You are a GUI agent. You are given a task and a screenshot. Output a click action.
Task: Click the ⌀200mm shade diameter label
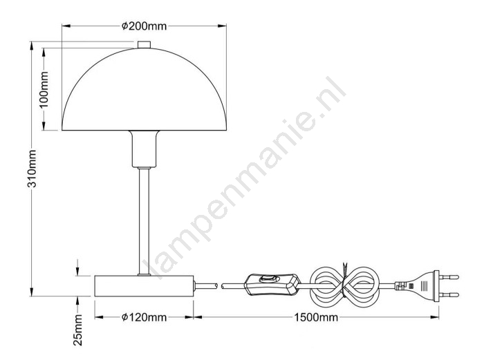(x=144, y=26)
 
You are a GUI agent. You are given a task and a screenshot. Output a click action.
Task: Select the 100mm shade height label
(x=44, y=90)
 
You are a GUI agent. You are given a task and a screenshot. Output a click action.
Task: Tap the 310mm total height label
(x=32, y=169)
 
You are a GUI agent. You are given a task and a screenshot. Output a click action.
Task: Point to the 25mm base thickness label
(x=77, y=330)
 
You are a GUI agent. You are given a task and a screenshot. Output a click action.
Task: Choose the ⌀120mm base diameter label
(x=144, y=317)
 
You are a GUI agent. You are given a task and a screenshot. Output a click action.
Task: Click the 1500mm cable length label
(x=316, y=317)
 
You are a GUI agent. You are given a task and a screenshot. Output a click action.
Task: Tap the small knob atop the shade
(x=144, y=44)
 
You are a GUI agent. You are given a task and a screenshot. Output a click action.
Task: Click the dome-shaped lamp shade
(x=144, y=89)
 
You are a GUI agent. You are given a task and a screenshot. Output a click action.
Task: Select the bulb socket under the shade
(x=144, y=149)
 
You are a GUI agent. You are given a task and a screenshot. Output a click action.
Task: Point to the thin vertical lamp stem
(x=144, y=221)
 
